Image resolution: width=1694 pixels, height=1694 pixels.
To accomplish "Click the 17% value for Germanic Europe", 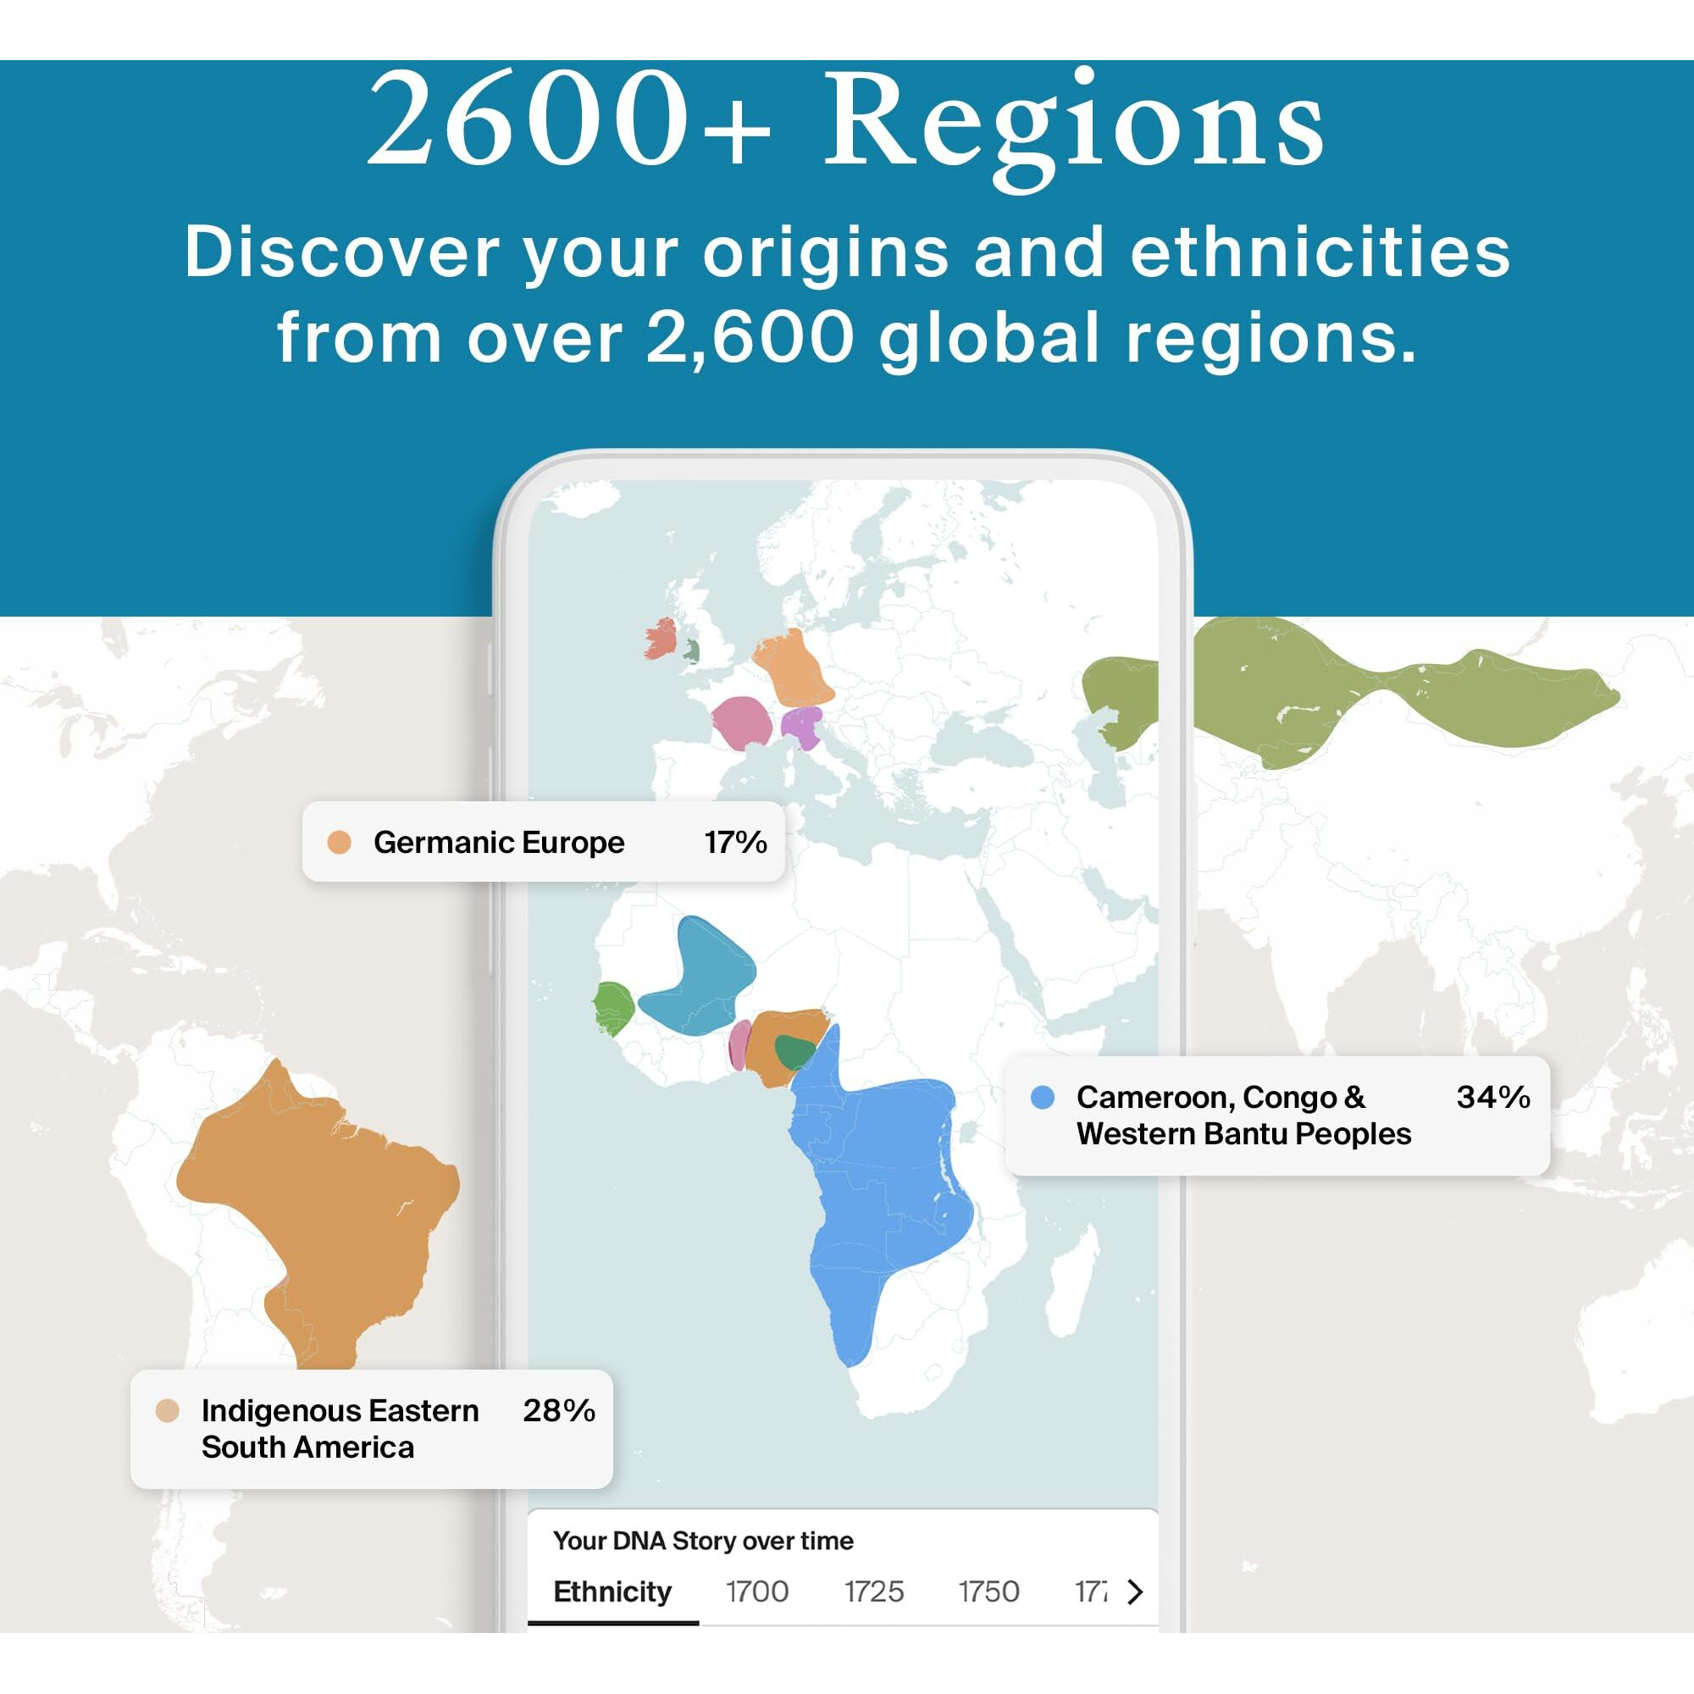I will pyautogui.click(x=734, y=842).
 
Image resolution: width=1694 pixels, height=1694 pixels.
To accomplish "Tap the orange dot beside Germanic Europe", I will pyautogui.click(x=339, y=843).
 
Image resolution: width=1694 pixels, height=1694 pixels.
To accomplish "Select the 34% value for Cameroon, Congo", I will pyautogui.click(x=1492, y=1096).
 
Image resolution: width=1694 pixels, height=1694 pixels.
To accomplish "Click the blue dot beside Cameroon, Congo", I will pyautogui.click(x=1042, y=1097).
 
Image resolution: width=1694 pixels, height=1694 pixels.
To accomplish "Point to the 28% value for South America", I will pyautogui.click(x=558, y=1410).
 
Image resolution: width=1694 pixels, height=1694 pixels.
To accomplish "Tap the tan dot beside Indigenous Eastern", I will pyautogui.click(x=167, y=1410).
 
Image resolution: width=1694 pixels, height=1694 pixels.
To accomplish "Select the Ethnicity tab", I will pyautogui.click(x=612, y=1591).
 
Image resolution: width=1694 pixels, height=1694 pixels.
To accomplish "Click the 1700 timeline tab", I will pyautogui.click(x=756, y=1591).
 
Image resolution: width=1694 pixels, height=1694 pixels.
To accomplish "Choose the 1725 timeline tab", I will pyautogui.click(x=873, y=1591).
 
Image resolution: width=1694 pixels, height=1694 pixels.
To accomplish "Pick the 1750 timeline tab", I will pyautogui.click(x=988, y=1591).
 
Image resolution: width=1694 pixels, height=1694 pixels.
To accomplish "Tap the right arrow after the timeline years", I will pyautogui.click(x=1135, y=1591).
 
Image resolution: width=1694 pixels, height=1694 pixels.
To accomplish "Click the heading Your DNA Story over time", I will pyautogui.click(x=702, y=1541).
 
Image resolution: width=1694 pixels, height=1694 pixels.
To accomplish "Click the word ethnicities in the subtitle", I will pyautogui.click(x=1320, y=252).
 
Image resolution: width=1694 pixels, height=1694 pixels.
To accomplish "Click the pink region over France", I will pyautogui.click(x=742, y=722).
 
